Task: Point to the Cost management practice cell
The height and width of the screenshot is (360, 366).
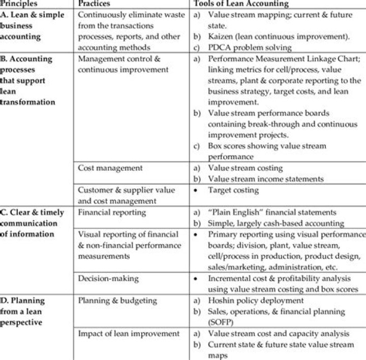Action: tap(110, 168)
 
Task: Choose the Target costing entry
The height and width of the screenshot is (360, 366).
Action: tap(233, 190)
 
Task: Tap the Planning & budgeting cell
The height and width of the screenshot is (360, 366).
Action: tap(113, 301)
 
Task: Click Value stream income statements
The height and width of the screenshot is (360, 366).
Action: tap(266, 179)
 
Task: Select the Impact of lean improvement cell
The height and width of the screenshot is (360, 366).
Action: tap(129, 334)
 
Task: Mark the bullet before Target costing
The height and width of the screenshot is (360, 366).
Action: tap(197, 190)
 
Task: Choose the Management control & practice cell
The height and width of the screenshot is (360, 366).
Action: tap(119, 59)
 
